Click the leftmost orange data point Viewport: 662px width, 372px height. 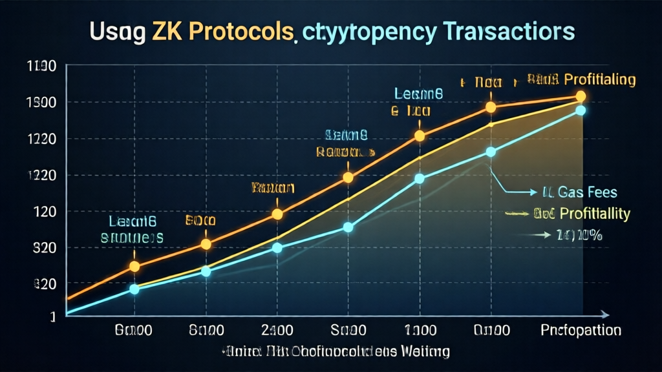tap(134, 266)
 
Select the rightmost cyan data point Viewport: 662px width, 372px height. tap(580, 110)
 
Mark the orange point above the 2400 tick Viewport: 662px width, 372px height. tap(277, 214)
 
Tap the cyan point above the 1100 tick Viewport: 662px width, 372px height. tap(419, 178)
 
